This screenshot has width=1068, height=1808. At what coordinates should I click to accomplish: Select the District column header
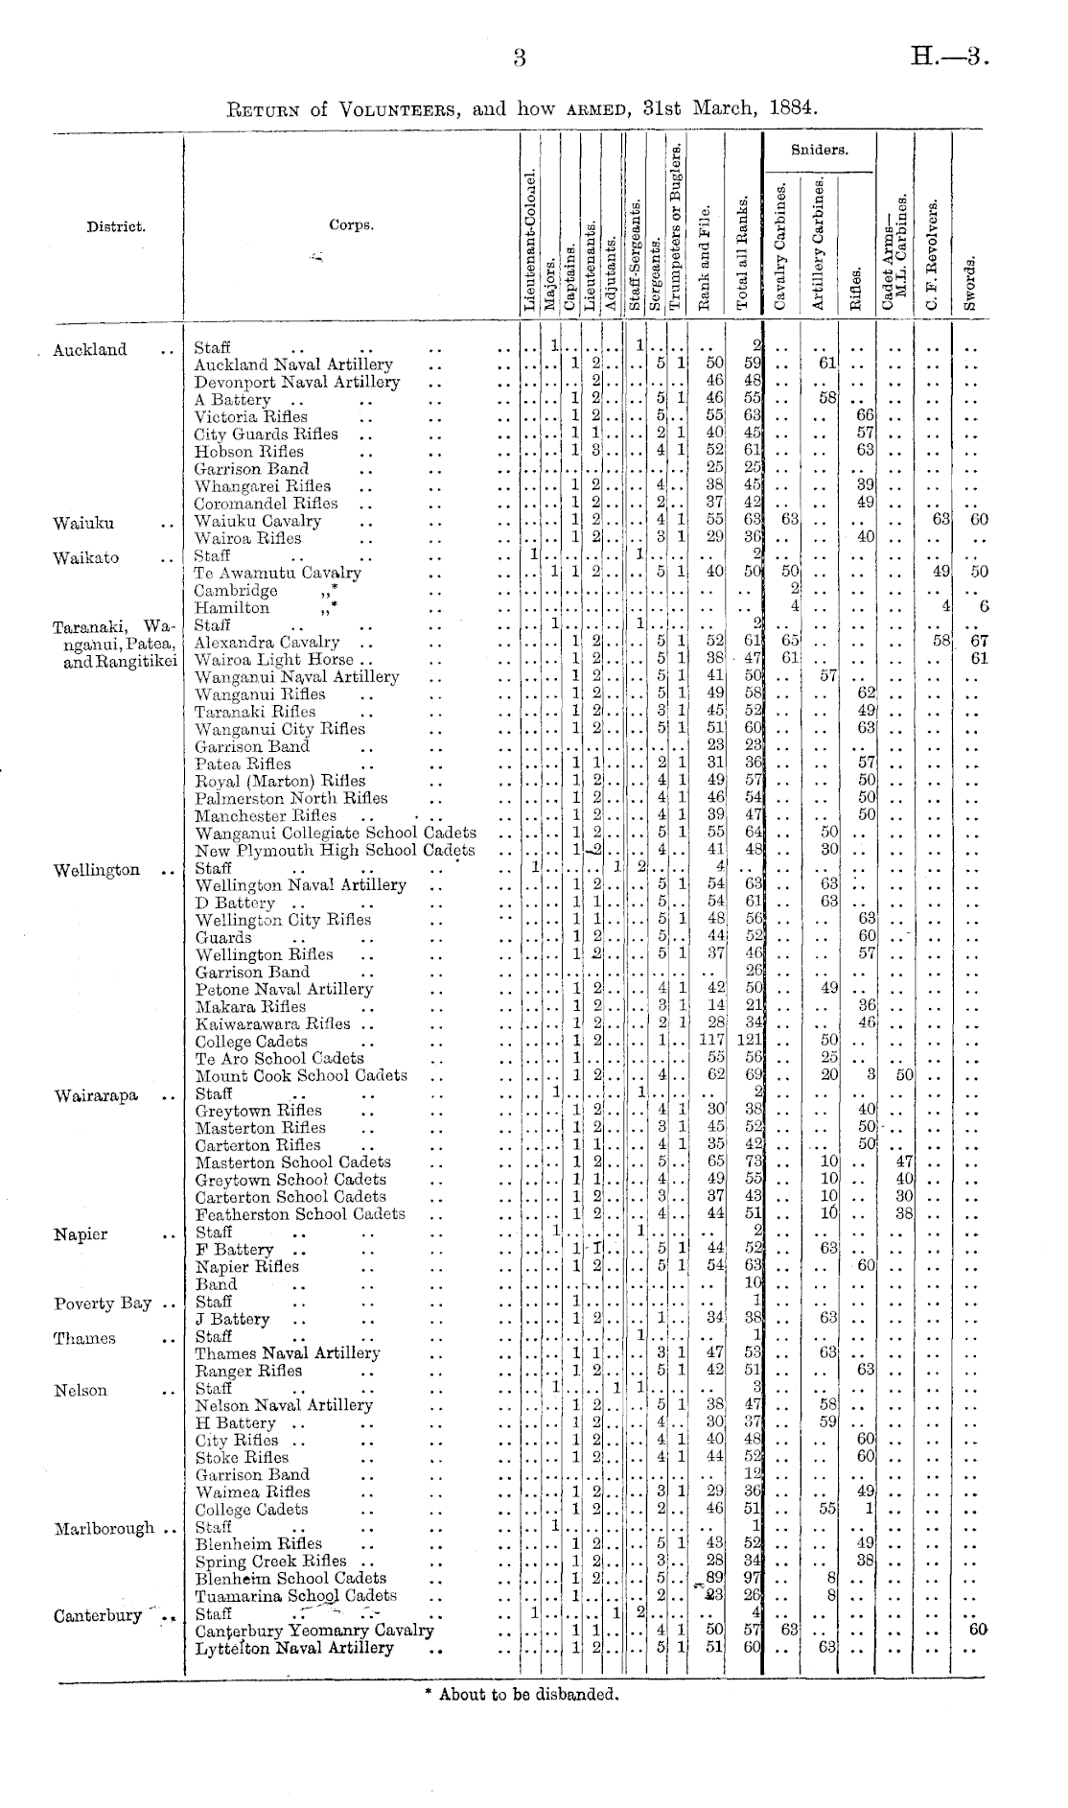pos(116,227)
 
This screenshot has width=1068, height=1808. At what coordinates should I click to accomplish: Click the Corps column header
pos(351,226)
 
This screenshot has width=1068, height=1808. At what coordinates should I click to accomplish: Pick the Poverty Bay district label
pos(103,1303)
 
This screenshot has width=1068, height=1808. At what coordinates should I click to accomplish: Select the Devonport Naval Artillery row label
pos(296,382)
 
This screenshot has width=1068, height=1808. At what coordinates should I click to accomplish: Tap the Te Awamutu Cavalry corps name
pos(278,573)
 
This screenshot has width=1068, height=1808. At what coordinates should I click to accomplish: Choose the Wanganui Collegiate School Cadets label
pos(336,833)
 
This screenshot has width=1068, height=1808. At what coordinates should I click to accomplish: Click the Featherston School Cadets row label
pos(300,1213)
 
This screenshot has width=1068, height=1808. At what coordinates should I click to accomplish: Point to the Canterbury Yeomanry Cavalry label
pos(314,1631)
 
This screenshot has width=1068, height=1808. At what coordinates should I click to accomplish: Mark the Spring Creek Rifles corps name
pos(271,1561)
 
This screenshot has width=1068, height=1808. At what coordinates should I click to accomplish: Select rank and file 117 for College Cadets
pos(710,1041)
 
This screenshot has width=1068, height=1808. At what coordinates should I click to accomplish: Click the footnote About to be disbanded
pos(522,1695)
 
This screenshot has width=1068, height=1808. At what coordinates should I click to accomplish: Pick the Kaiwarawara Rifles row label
pos(273,1023)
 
